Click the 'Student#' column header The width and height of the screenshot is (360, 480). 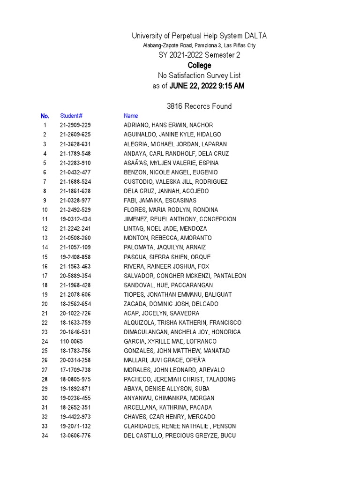[x=71, y=116]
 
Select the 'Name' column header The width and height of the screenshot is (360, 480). [x=131, y=116]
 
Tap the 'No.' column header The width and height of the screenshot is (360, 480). [x=45, y=116]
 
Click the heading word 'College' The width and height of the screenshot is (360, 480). [x=199, y=65]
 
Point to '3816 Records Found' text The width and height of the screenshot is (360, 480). [x=199, y=106]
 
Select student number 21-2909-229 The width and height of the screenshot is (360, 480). [x=75, y=125]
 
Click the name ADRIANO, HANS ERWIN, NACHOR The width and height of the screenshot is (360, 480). [x=168, y=125]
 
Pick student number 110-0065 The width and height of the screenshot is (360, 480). [x=71, y=341]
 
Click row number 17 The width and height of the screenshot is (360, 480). [x=45, y=276]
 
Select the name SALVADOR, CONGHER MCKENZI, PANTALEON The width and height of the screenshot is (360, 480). [x=185, y=276]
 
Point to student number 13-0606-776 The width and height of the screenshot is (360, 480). [x=75, y=435]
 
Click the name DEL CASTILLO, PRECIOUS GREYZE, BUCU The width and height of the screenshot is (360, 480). [x=180, y=435]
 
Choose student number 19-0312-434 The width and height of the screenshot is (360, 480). [x=75, y=219]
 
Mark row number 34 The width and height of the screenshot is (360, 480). [x=45, y=435]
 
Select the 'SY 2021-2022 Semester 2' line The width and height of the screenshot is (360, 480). [x=199, y=55]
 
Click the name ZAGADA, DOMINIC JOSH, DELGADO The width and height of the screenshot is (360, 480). [x=171, y=304]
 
